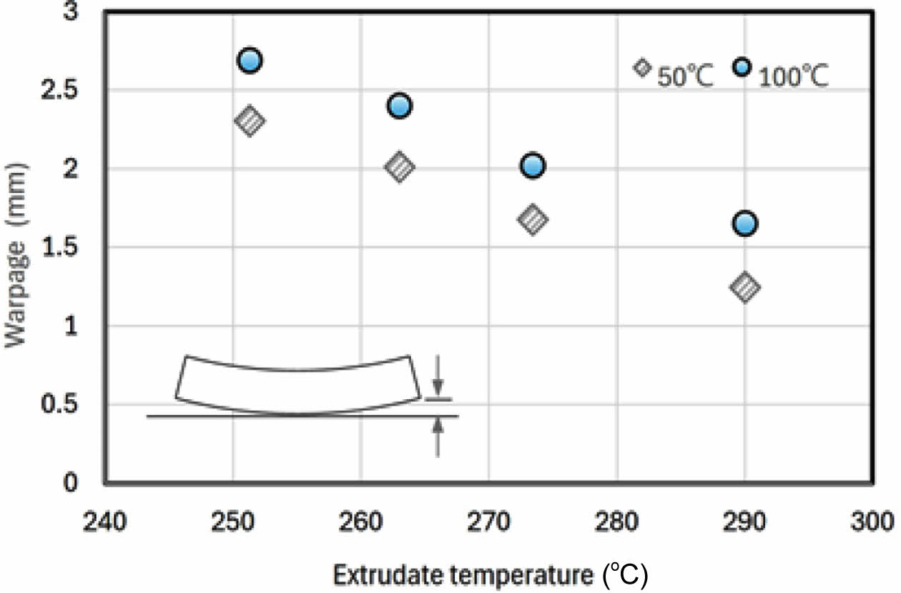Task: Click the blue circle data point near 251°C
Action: (249, 61)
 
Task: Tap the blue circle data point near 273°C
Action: (532, 166)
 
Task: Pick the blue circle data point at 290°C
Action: (744, 224)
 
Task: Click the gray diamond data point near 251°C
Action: (250, 121)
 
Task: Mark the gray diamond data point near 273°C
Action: (532, 220)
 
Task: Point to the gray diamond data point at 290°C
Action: (744, 287)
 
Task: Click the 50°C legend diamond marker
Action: (642, 67)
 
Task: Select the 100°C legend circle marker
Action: (742, 67)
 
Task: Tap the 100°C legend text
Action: (792, 76)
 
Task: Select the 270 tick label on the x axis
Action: (488, 521)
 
